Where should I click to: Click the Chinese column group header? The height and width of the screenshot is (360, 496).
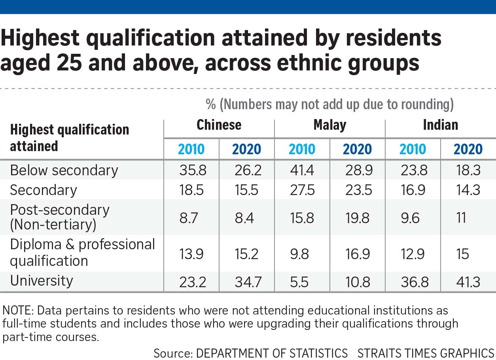(219, 125)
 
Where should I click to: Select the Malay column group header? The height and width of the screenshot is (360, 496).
(329, 125)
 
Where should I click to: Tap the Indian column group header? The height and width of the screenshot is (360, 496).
(440, 125)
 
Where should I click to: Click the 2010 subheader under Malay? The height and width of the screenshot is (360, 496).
(302, 149)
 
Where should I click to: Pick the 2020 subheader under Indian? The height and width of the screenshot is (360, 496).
(468, 149)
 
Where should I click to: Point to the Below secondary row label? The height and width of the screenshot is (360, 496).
(64, 170)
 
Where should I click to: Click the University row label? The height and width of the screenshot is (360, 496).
(42, 280)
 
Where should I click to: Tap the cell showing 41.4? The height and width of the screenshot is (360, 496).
(302, 170)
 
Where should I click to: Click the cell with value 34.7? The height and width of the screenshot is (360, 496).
(246, 282)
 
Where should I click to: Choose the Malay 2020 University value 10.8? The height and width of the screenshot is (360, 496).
(357, 282)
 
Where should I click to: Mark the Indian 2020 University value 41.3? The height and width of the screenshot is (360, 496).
(468, 282)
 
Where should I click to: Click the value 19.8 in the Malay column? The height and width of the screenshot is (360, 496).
(357, 218)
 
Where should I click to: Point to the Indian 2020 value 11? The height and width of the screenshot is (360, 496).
(461, 218)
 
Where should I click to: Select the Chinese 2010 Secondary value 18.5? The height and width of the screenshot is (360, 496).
(191, 190)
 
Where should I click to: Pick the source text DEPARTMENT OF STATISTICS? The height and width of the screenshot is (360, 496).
(271, 353)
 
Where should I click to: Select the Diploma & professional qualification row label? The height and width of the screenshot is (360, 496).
(82, 252)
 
